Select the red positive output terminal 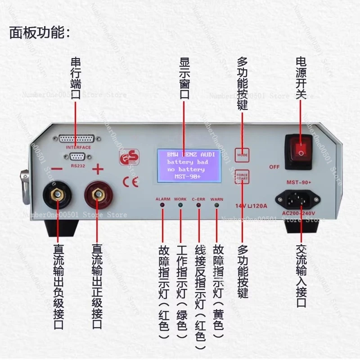[96, 195]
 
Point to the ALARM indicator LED [162, 206]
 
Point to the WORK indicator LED [180, 206]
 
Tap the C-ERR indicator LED [198, 206]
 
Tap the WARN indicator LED [216, 206]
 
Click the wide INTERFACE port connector [76, 139]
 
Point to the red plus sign [98, 169]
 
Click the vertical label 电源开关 [301, 85]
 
